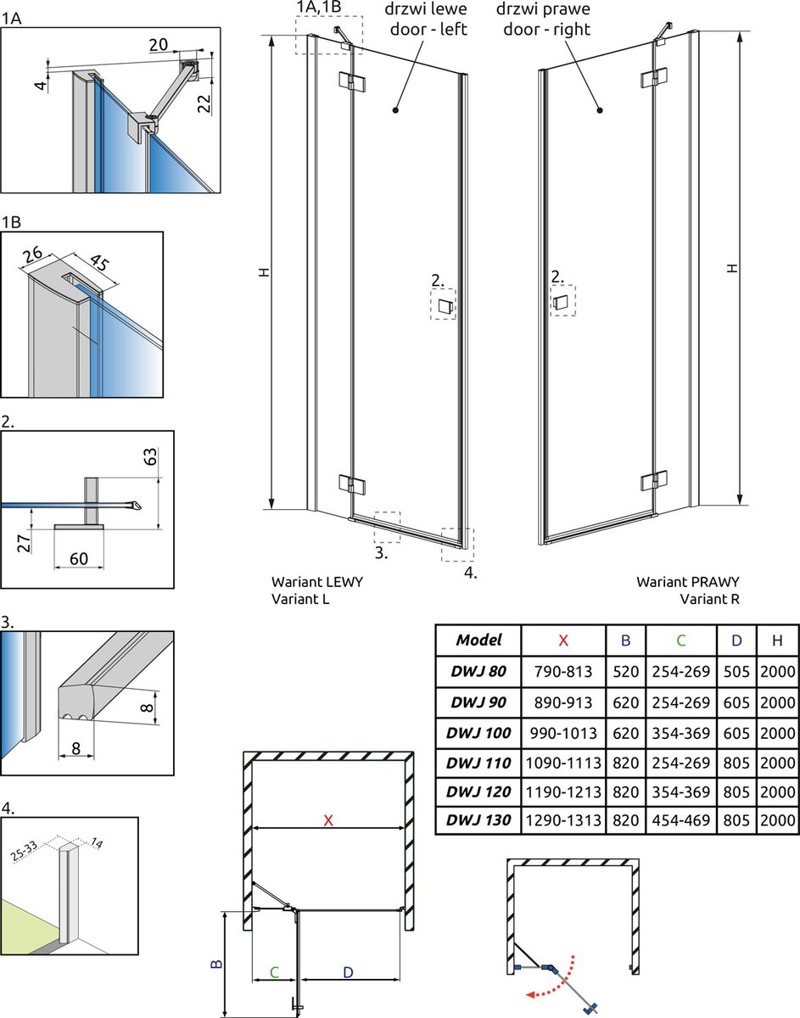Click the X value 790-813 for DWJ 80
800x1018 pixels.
[563, 671]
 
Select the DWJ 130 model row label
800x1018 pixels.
[478, 819]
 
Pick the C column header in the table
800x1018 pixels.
[681, 640]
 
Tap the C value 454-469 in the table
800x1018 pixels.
[681, 819]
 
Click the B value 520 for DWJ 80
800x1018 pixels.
[626, 671]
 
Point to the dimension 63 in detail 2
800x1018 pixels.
[150, 456]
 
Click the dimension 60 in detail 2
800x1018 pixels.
[79, 558]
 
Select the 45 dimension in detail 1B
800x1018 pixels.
[98, 262]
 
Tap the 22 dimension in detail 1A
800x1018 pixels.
[204, 102]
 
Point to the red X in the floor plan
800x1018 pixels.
[328, 819]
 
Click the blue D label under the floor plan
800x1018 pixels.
[348, 972]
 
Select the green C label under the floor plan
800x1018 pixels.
[275, 972]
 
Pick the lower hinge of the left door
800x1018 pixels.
[351, 483]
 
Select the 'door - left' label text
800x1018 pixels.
[428, 29]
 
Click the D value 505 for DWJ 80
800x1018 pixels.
[736, 671]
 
